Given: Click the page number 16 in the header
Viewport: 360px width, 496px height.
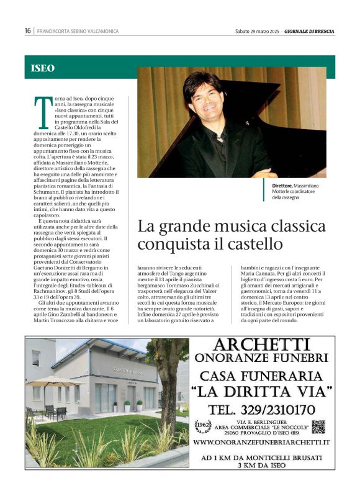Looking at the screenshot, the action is pyautogui.click(x=28, y=31).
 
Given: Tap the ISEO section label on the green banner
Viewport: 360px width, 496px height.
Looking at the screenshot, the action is pyautogui.click(x=43, y=68).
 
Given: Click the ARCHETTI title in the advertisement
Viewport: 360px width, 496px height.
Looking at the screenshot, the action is pyautogui.click(x=263, y=345).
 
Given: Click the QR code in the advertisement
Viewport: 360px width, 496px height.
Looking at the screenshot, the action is pyautogui.click(x=318, y=426).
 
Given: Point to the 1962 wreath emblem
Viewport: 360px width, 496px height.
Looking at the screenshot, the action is pyautogui.click(x=202, y=426).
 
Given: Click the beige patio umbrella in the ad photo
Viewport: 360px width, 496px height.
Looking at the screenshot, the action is pyautogui.click(x=55, y=381).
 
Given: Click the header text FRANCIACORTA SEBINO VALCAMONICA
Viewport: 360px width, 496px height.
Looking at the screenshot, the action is pyautogui.click(x=78, y=31).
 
